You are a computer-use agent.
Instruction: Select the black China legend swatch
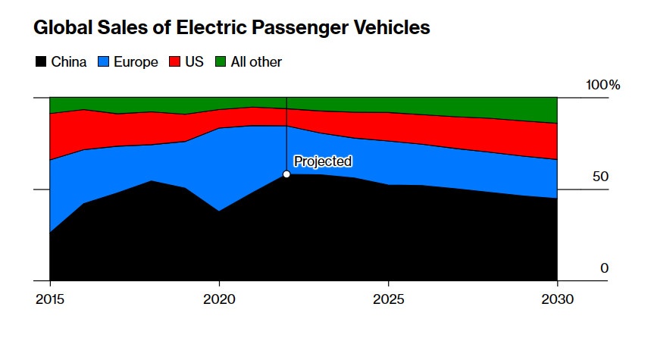[42, 62]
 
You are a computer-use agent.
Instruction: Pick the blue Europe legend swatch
[104, 62]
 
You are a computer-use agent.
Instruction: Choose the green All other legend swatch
[221, 62]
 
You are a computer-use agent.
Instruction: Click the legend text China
[69, 62]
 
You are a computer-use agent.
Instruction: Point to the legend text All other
[256, 62]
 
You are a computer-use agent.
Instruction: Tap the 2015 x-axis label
[49, 299]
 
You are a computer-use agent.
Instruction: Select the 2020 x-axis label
[219, 299]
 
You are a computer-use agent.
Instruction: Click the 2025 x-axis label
[388, 299]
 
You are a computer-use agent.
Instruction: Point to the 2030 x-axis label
[558, 299]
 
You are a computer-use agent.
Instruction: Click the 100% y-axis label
[602, 85]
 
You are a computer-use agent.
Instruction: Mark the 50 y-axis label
[601, 177]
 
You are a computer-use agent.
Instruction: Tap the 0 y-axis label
[604, 268]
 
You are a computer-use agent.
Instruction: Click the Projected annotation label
[323, 161]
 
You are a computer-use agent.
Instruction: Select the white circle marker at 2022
[286, 174]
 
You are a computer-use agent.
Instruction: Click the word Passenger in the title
[301, 29]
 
